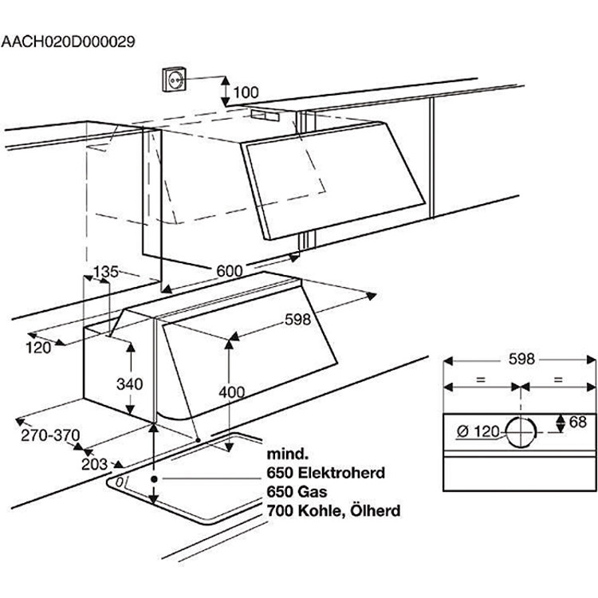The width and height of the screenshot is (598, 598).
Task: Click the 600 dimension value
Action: tap(229, 271)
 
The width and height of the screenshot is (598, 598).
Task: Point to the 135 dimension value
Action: tap(106, 272)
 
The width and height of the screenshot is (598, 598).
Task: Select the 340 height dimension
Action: tap(128, 384)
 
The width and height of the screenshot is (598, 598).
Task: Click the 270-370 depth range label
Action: tap(53, 435)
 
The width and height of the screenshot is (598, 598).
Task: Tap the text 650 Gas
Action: tap(298, 490)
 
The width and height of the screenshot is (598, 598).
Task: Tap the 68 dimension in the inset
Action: tap(578, 423)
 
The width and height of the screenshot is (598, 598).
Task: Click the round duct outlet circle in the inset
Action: tap(520, 431)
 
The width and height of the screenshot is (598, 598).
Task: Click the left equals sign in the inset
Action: tap(480, 380)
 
